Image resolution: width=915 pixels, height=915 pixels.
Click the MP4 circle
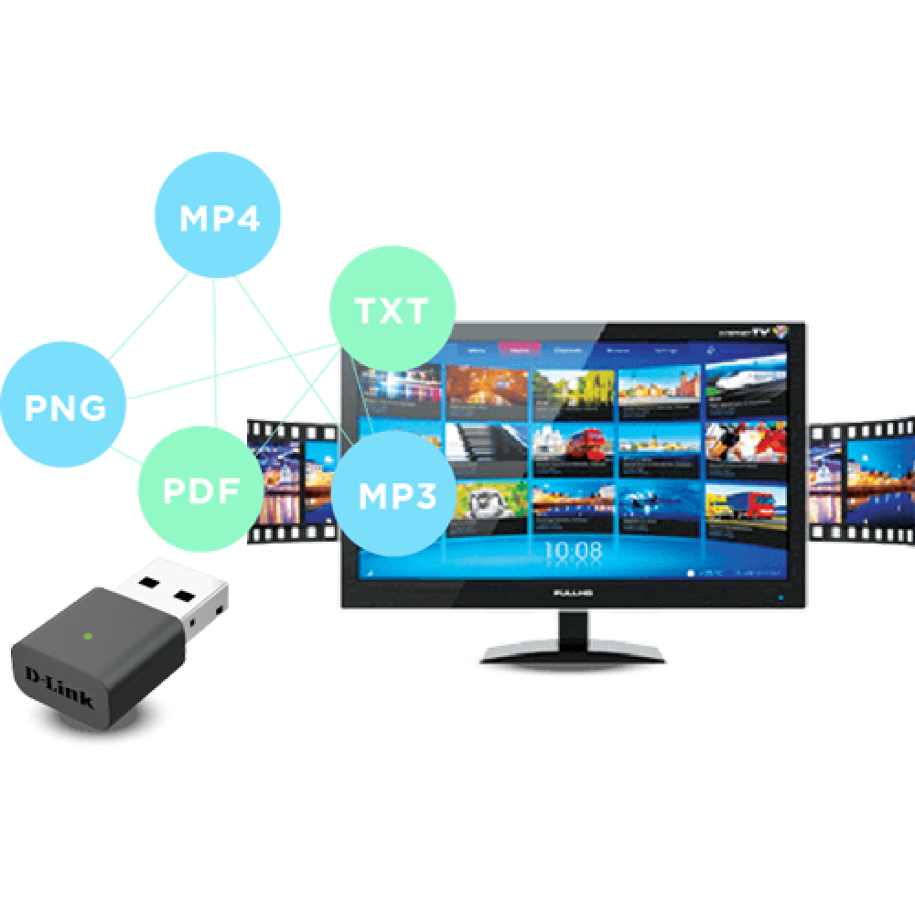tap(216, 218)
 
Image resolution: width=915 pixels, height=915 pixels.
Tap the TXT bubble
tap(392, 309)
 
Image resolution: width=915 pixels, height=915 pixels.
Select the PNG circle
tap(65, 404)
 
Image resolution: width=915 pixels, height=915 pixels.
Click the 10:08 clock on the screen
tap(574, 551)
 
